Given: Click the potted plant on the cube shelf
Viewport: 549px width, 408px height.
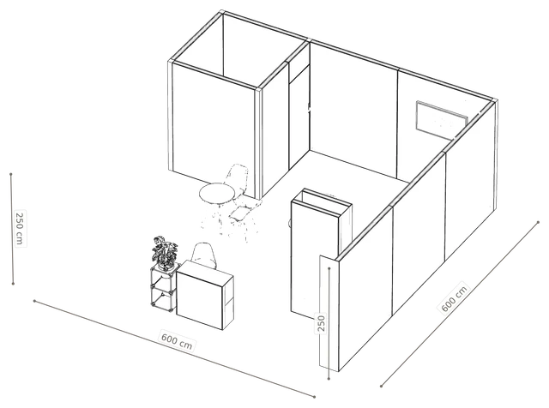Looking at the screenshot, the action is pos(165,253).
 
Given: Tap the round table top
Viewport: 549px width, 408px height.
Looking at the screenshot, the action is pos(216,193).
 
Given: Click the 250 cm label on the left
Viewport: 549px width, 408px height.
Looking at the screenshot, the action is pos(20,229).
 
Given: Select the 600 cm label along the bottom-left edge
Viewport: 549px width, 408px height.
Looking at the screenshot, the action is pos(177,340).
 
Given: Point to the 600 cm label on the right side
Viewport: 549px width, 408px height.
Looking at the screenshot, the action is pos(454,298).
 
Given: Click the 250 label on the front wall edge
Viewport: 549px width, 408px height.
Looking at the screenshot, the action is pos(321,323).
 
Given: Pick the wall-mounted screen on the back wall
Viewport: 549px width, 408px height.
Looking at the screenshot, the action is pos(442,118).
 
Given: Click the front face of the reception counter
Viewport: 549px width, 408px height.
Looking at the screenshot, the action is pos(199,301).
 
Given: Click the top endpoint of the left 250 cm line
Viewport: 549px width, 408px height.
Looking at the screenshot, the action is pos(11,174).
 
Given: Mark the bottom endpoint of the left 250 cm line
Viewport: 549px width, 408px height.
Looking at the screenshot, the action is pos(13,284).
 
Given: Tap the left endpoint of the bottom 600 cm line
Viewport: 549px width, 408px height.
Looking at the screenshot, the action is pos(34,301).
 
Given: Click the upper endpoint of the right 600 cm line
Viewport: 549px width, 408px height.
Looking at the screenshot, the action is pos(539,222).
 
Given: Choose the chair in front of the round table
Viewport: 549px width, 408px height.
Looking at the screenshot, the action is pos(242,217).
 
